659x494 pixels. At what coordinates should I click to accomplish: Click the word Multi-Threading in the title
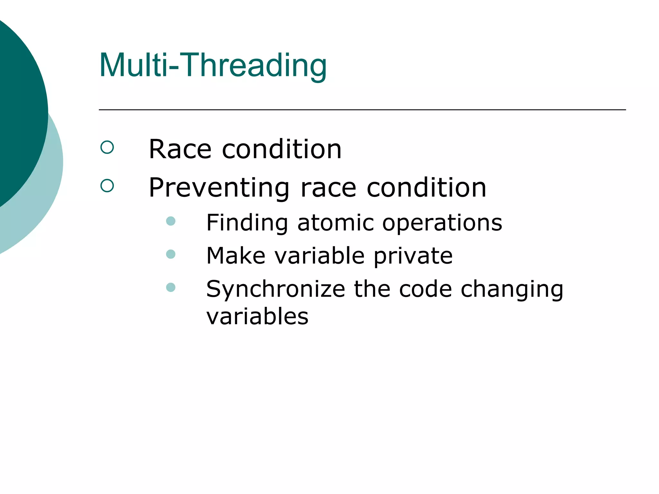coord(213,66)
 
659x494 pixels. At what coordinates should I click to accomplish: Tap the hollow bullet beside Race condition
coord(107,148)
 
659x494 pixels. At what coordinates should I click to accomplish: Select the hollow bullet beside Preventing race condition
coord(107,186)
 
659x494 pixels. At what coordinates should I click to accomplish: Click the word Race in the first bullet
coord(180,149)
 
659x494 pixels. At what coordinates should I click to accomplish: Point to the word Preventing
coord(219,188)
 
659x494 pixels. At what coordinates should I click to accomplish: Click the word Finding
coord(247,223)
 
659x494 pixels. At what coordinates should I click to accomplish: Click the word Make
coord(236,256)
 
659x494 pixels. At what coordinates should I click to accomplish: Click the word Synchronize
coord(275,289)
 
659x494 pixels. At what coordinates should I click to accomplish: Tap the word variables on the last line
coord(257,317)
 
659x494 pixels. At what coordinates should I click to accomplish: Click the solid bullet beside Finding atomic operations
coord(171,221)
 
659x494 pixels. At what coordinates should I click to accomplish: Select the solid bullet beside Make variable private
coord(171,254)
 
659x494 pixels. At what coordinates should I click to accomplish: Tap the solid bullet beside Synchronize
coord(171,287)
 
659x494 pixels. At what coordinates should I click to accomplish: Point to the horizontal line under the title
coord(362,110)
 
